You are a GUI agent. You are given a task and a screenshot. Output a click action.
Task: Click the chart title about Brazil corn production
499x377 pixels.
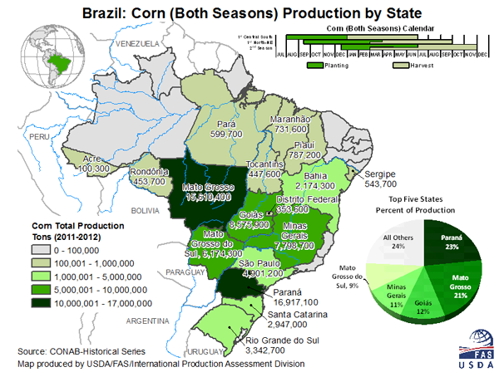249,13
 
